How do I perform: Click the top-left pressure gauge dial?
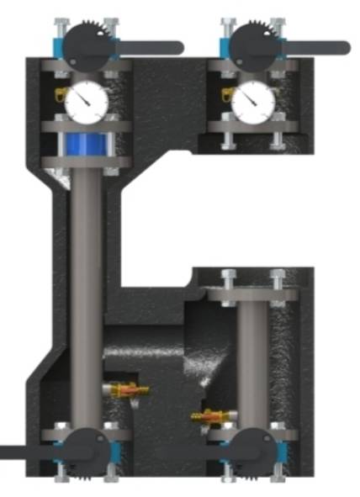point(86,101)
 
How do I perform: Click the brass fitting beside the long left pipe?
point(124,390)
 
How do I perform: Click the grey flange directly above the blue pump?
point(86,127)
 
